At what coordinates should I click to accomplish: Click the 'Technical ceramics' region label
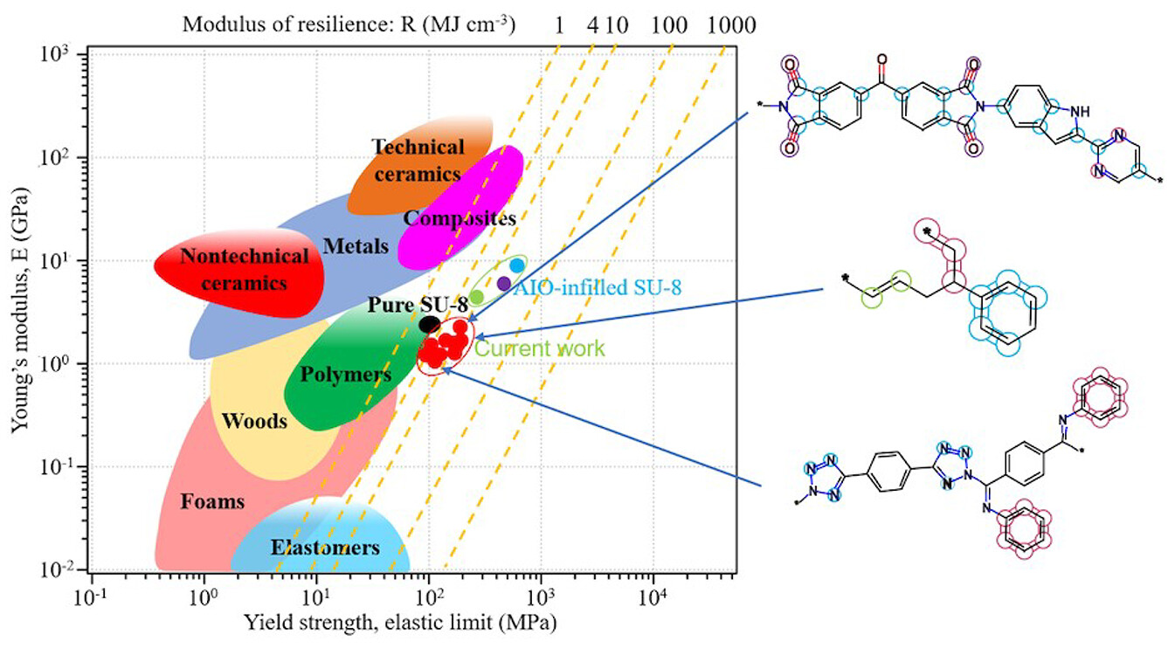tap(418, 160)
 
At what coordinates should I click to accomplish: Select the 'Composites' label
tap(460, 217)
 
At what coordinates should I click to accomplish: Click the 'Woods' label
tap(254, 421)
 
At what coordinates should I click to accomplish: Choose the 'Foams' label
tap(212, 501)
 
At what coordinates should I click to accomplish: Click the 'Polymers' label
tap(346, 374)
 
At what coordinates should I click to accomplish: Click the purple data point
tap(504, 283)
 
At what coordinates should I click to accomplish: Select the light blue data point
tap(517, 265)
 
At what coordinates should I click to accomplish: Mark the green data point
tap(477, 297)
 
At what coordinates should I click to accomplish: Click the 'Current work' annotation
tap(539, 348)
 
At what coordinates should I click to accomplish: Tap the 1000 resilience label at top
tap(732, 24)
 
